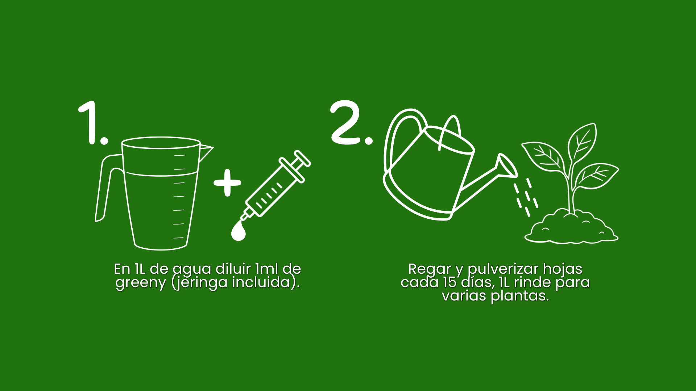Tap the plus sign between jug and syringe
227,183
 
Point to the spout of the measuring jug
206,152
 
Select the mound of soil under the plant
571,228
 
